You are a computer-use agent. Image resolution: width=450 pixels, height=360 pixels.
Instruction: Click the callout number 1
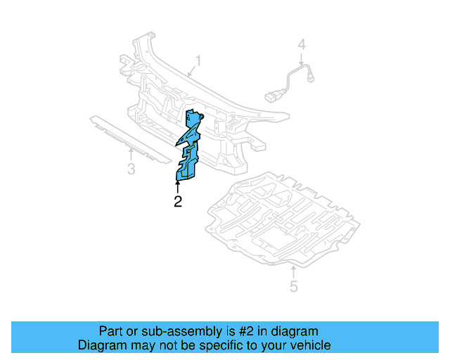point(198,62)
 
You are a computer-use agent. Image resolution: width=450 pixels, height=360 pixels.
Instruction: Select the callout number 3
point(131,169)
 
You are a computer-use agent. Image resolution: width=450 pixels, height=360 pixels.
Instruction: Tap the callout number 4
point(302,45)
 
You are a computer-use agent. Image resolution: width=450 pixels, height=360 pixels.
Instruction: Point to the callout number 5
point(294,286)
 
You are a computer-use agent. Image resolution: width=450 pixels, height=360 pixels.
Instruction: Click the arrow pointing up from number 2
point(177,186)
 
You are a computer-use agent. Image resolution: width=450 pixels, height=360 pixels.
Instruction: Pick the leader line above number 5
point(292,273)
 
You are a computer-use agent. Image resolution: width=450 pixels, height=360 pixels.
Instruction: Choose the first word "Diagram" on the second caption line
point(102,345)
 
